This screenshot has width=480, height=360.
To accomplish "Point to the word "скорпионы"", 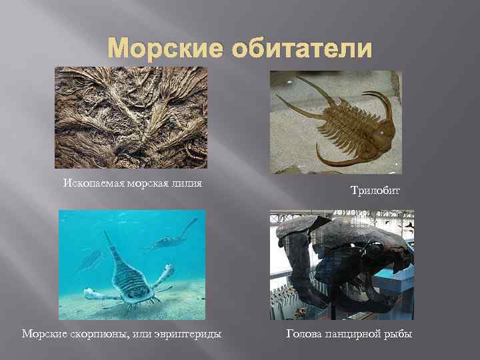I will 93,333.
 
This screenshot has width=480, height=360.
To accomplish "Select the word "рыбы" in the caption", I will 400,333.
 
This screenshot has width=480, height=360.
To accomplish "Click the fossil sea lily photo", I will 131,117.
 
